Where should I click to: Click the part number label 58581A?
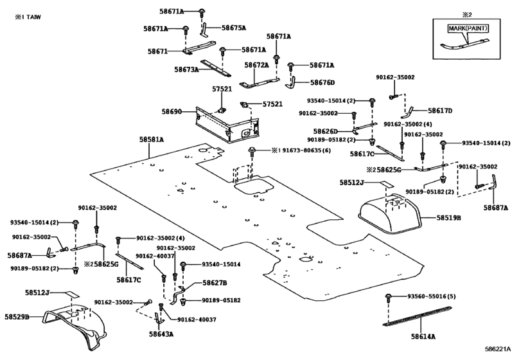click(152, 139)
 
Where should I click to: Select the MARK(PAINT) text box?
click(468, 28)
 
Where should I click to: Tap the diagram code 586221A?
click(497, 349)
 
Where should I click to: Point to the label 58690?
click(172, 112)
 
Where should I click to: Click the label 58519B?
click(448, 218)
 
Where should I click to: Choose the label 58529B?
click(17, 317)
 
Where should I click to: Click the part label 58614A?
click(423, 336)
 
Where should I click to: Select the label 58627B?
click(215, 283)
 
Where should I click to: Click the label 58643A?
click(161, 334)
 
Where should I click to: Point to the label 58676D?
click(322, 82)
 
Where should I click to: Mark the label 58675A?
click(234, 28)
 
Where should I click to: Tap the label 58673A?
click(186, 69)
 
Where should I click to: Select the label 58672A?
click(256, 65)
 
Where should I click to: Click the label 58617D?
click(440, 111)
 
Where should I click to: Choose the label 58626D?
click(325, 132)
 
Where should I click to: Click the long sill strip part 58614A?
click(419, 316)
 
